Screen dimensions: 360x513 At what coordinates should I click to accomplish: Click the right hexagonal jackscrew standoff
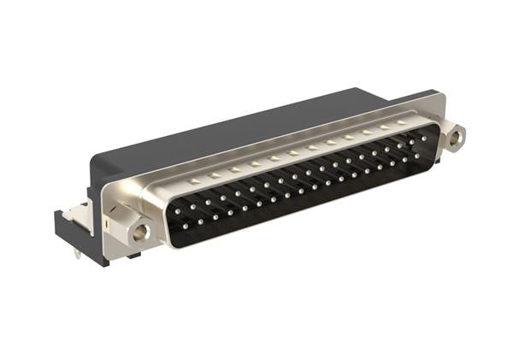455,134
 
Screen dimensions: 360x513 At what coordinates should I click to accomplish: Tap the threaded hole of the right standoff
457,134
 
